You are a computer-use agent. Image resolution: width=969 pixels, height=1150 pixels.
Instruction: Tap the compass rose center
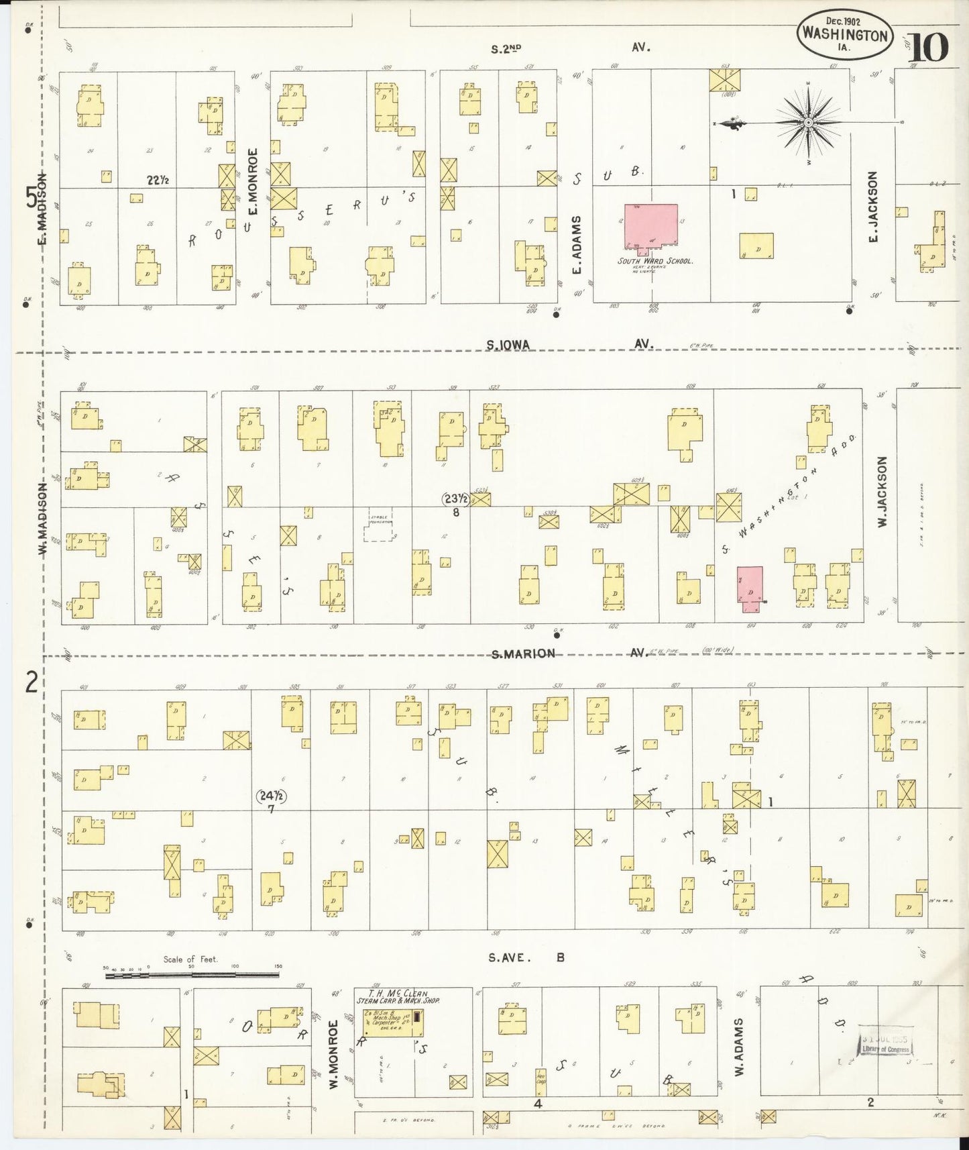click(x=808, y=123)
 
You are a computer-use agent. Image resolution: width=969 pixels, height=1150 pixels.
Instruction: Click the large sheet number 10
click(x=929, y=47)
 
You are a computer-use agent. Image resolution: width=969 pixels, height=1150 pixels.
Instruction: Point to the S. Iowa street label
click(x=508, y=345)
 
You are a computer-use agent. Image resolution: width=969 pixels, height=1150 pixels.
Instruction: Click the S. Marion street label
click(x=524, y=654)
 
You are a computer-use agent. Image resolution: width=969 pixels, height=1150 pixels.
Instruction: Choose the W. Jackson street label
click(x=882, y=491)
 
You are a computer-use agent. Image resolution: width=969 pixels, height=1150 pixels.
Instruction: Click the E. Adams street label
click(x=576, y=245)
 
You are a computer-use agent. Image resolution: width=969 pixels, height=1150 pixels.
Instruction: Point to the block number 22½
click(x=158, y=180)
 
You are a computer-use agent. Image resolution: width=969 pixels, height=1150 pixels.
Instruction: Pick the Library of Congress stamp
click(x=886, y=1044)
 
